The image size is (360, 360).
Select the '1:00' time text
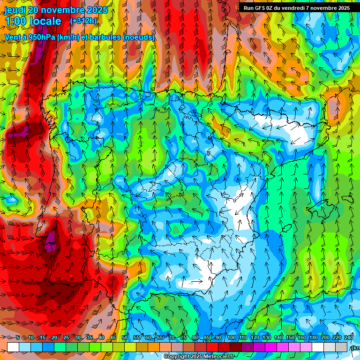(x=15, y=21)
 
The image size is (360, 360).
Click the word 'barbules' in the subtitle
(x=101, y=37)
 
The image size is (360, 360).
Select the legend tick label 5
(x=18, y=337)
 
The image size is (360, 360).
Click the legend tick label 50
(x=125, y=337)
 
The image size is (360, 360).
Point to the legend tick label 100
(x=232, y=337)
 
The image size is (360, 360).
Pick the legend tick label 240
(x=349, y=337)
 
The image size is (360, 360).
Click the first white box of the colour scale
(x=13, y=347)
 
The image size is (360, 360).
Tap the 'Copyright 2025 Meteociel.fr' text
(x=199, y=356)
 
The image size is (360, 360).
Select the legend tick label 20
(x=54, y=337)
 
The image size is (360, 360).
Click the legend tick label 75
(x=183, y=337)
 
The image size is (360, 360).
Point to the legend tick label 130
(x=267, y=337)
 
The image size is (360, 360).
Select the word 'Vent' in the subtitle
(x=12, y=37)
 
